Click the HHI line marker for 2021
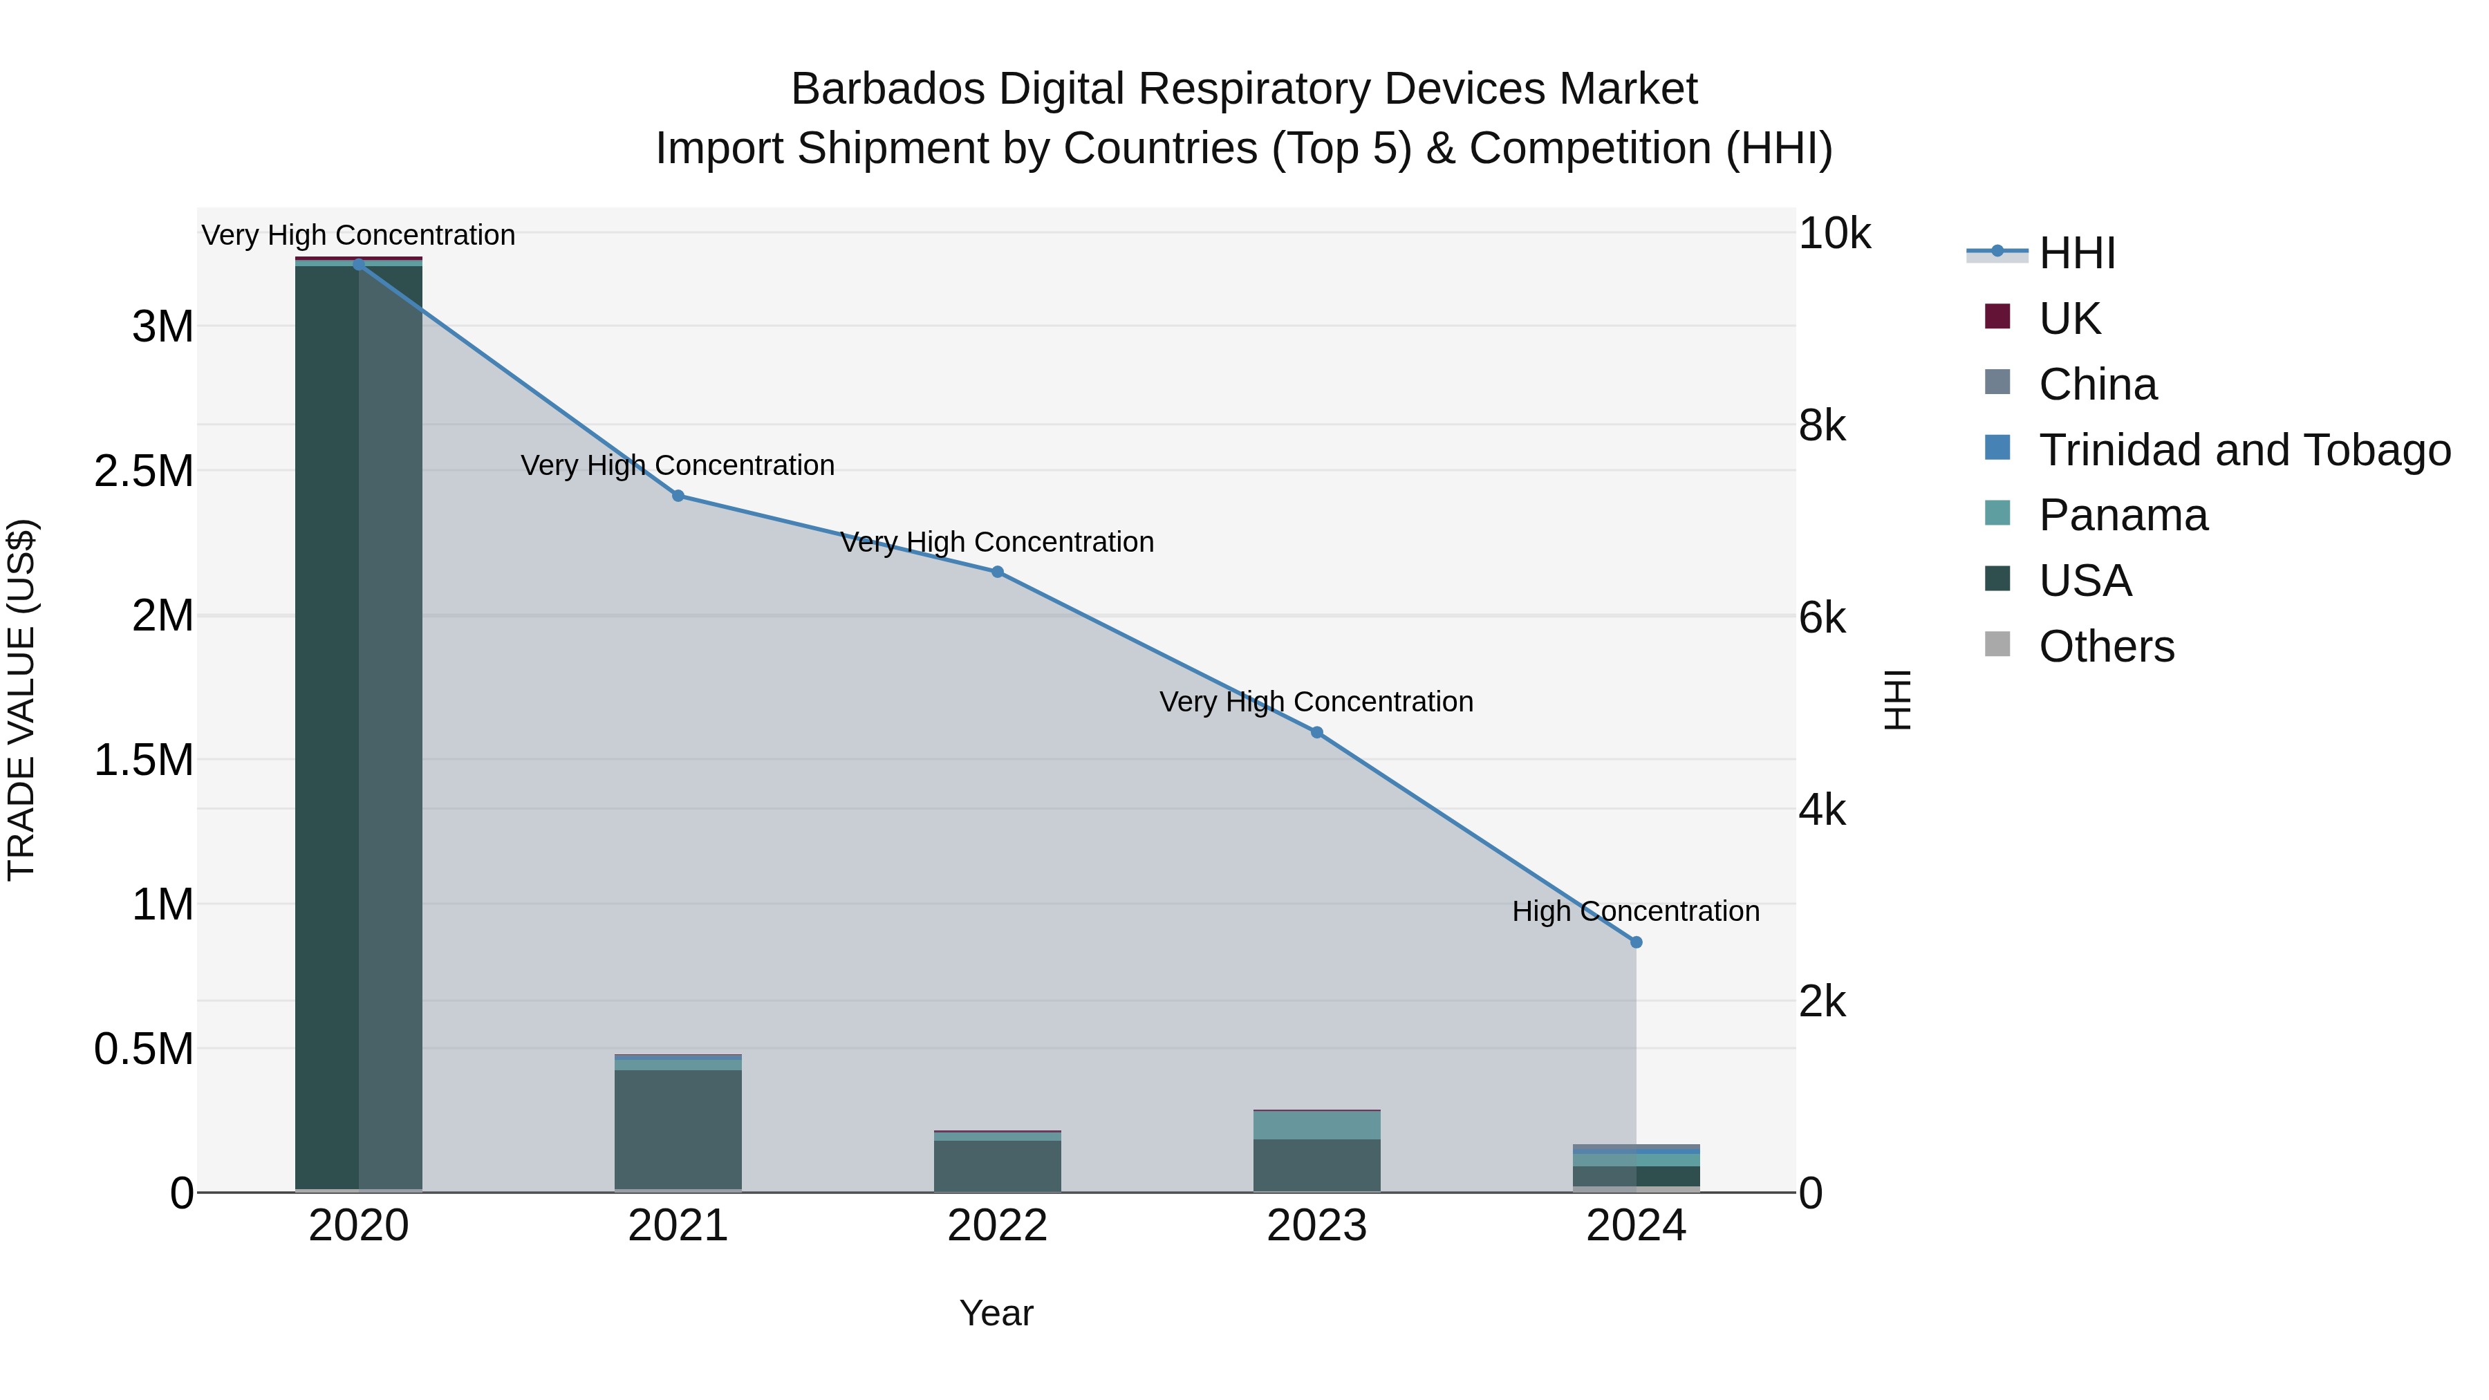click(x=678, y=496)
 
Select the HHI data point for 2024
click(x=1636, y=942)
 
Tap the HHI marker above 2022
click(x=997, y=572)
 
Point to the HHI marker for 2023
click(x=1316, y=732)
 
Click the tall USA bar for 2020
click(x=358, y=725)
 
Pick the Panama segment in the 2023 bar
click(x=1316, y=1126)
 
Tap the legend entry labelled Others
click(x=2107, y=646)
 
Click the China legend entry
click(x=2097, y=384)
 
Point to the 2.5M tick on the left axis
click(x=144, y=472)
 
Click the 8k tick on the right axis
click(x=1823, y=425)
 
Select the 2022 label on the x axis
click(x=997, y=1226)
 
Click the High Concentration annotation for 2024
click(x=1635, y=911)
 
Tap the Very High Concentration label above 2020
click(x=358, y=235)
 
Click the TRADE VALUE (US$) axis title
click(x=21, y=700)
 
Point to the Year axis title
click(x=996, y=1313)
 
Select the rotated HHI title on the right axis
click(x=1898, y=700)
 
